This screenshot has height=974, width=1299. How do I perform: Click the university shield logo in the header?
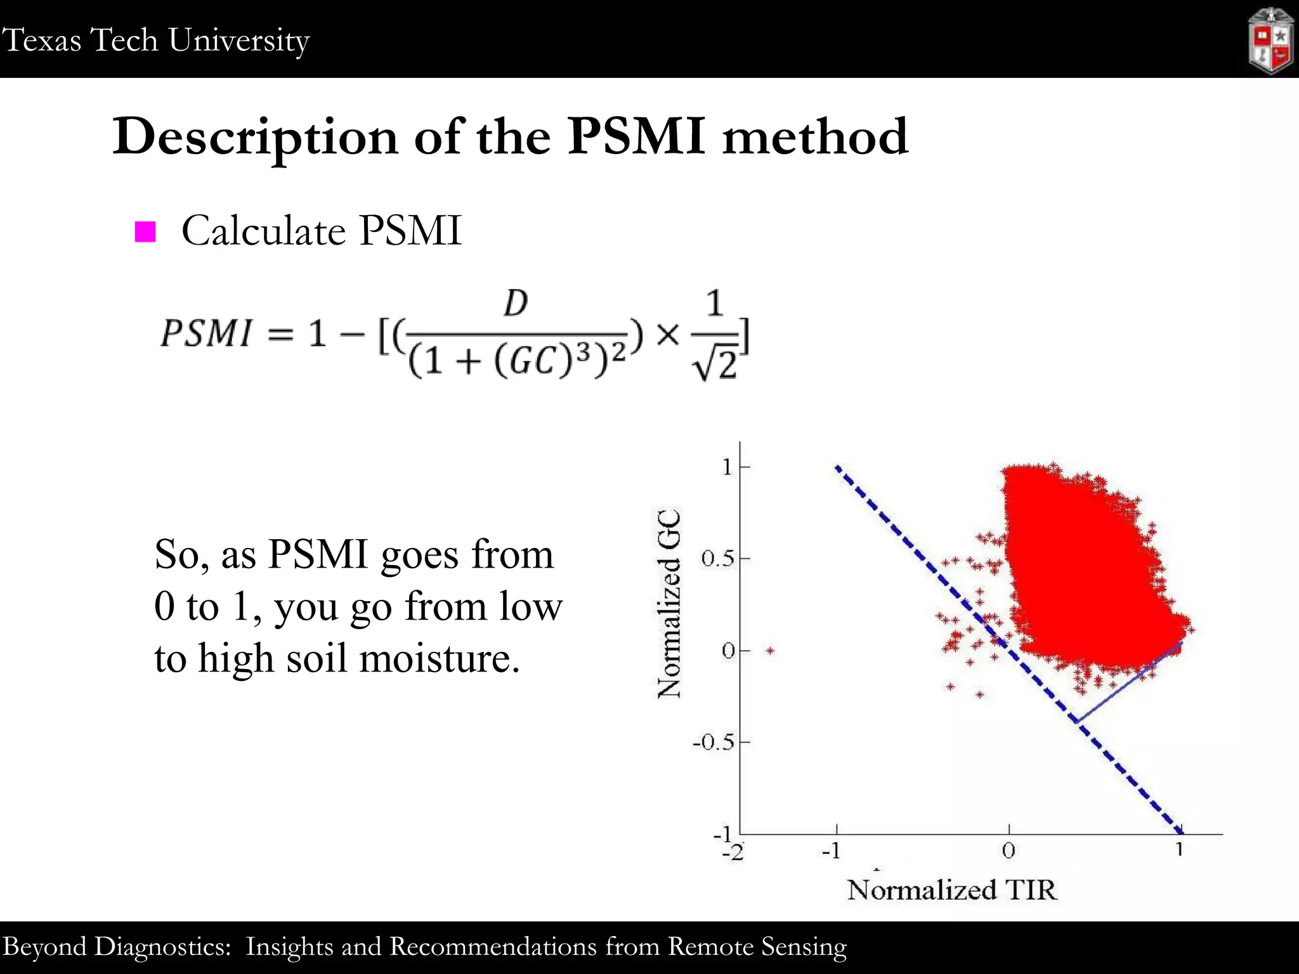1270,41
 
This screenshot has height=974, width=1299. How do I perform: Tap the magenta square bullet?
145,231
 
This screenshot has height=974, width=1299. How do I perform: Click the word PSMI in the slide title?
636,136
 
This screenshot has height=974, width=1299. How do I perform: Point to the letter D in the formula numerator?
516,304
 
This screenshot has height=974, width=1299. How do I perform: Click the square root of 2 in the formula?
716,363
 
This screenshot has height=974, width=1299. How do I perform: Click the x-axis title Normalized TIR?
952,890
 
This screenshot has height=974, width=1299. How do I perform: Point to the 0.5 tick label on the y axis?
717,559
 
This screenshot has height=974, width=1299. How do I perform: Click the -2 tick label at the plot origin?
733,852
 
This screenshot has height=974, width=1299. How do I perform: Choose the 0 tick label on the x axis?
1009,850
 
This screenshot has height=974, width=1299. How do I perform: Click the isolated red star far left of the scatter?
770,651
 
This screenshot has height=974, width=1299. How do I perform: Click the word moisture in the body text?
439,658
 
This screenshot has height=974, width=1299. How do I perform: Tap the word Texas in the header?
42,40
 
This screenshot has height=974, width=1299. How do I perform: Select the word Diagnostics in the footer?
162,947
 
